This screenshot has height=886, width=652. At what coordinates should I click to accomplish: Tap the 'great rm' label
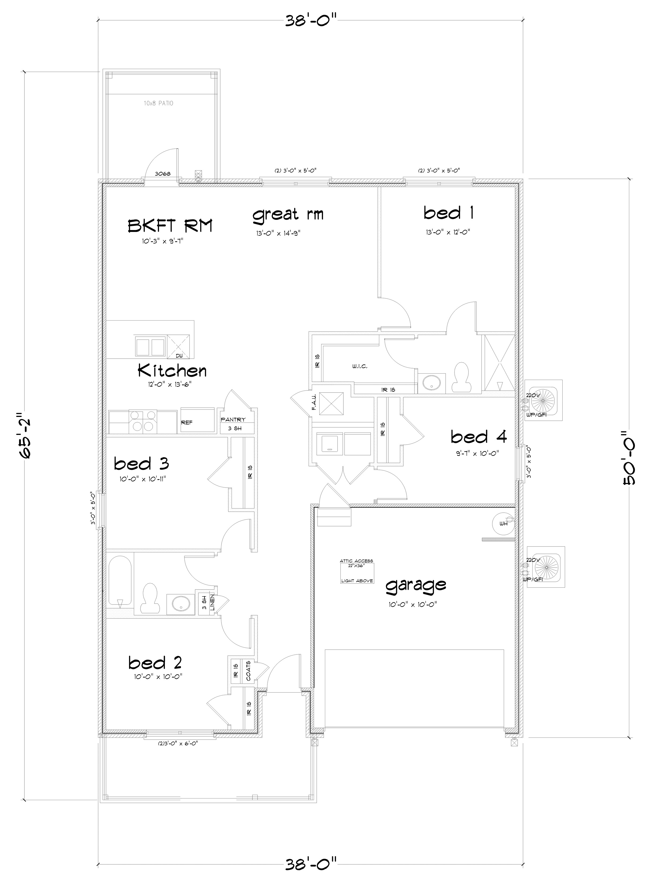click(288, 215)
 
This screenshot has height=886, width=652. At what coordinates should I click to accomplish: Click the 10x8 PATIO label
click(159, 103)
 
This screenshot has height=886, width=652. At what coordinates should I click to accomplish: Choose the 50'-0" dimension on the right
click(628, 458)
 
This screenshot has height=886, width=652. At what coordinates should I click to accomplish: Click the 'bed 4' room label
click(479, 437)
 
